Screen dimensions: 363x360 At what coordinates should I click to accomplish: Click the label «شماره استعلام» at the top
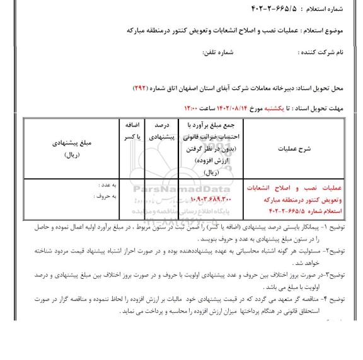pyautogui.click(x=330, y=10)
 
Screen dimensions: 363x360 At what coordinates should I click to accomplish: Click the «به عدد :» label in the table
pyautogui.click(x=107, y=186)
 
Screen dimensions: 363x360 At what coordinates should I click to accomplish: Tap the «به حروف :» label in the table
pyautogui.click(x=105, y=196)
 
